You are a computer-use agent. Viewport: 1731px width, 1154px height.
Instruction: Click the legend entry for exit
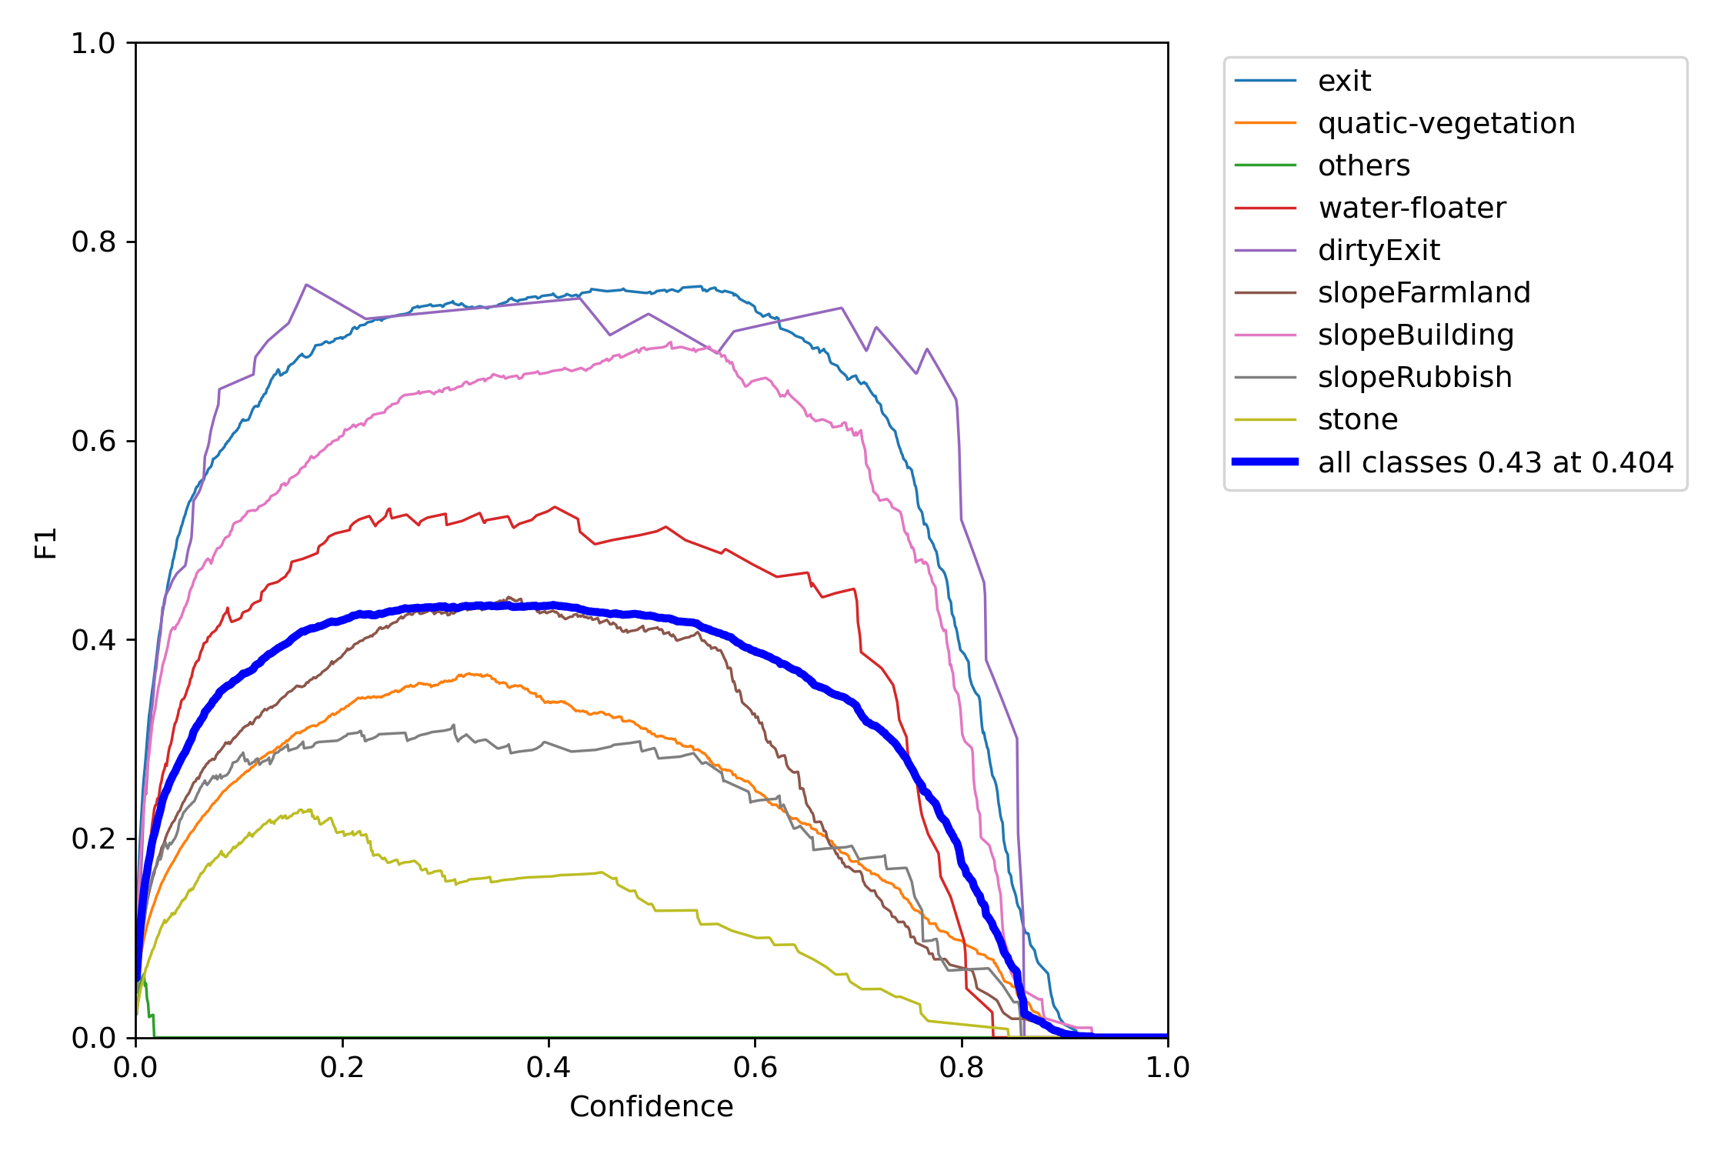1344,81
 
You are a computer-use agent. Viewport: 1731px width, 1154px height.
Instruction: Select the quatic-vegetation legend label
1446,123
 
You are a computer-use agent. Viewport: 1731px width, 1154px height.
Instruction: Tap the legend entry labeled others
1363,165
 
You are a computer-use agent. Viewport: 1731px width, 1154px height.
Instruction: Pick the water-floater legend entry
1412,208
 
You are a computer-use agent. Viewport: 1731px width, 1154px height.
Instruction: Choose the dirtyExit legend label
1379,250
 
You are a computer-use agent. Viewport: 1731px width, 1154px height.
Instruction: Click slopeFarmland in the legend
1424,292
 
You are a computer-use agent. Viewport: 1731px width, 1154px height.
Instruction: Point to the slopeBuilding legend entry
1416,335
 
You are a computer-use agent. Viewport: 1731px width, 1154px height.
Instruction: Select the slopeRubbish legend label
1415,377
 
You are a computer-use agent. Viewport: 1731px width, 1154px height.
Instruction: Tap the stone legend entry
1358,419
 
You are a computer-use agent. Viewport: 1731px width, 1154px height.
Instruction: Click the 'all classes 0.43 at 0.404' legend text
1496,462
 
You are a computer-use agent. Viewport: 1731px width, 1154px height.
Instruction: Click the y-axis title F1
46,542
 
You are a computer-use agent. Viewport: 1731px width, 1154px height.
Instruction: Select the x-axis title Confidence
651,1106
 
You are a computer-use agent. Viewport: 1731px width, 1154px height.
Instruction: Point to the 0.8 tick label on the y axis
93,242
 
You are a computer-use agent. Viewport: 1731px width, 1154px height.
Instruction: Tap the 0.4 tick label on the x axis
549,1067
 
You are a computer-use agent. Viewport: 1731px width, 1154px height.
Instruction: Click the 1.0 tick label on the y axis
93,44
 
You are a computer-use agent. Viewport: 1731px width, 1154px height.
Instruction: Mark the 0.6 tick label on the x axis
755,1067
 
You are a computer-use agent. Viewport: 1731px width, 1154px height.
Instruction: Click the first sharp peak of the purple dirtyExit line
306,285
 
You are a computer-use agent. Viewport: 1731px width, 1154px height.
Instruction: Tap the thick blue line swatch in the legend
1265,462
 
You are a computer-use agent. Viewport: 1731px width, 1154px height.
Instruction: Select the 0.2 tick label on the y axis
93,839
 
